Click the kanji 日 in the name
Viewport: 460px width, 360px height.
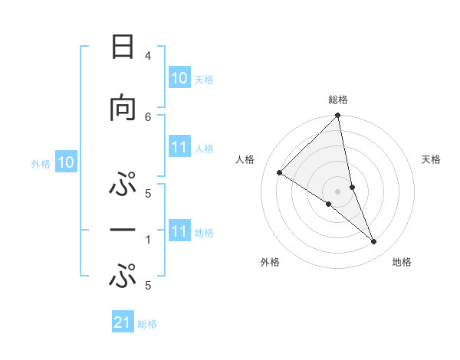[122, 47]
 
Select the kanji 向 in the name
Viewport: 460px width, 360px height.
[122, 108]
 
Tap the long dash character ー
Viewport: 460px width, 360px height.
[122, 229]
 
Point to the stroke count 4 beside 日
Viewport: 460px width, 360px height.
[148, 56]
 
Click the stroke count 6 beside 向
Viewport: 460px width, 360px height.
[148, 116]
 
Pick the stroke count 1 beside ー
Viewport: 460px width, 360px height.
[148, 239]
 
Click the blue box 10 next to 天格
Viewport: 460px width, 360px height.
[179, 78]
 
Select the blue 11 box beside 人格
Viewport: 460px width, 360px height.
[179, 148]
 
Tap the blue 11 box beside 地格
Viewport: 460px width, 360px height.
[179, 232]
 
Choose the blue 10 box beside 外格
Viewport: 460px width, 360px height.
[66, 162]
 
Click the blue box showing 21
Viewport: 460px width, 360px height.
[123, 323]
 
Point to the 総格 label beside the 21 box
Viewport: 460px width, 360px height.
[147, 324]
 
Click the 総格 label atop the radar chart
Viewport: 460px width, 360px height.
[338, 100]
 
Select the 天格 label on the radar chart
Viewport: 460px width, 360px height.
[432, 159]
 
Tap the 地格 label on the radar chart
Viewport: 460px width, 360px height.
[402, 262]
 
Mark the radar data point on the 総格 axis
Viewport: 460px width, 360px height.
[338, 116]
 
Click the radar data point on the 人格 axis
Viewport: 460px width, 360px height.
[280, 173]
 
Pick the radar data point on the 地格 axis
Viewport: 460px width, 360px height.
[374, 241]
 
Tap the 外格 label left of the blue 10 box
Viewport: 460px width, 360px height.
[41, 163]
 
